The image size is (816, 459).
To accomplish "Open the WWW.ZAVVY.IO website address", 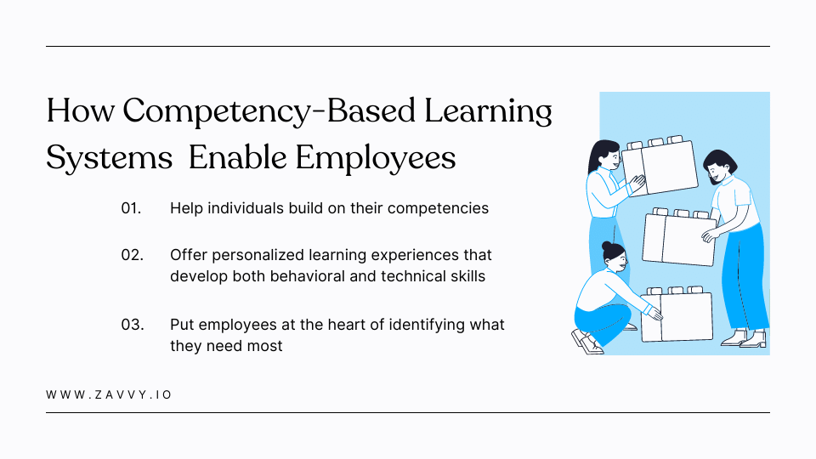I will [x=110, y=395].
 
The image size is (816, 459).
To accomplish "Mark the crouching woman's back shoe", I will [x=586, y=341].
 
